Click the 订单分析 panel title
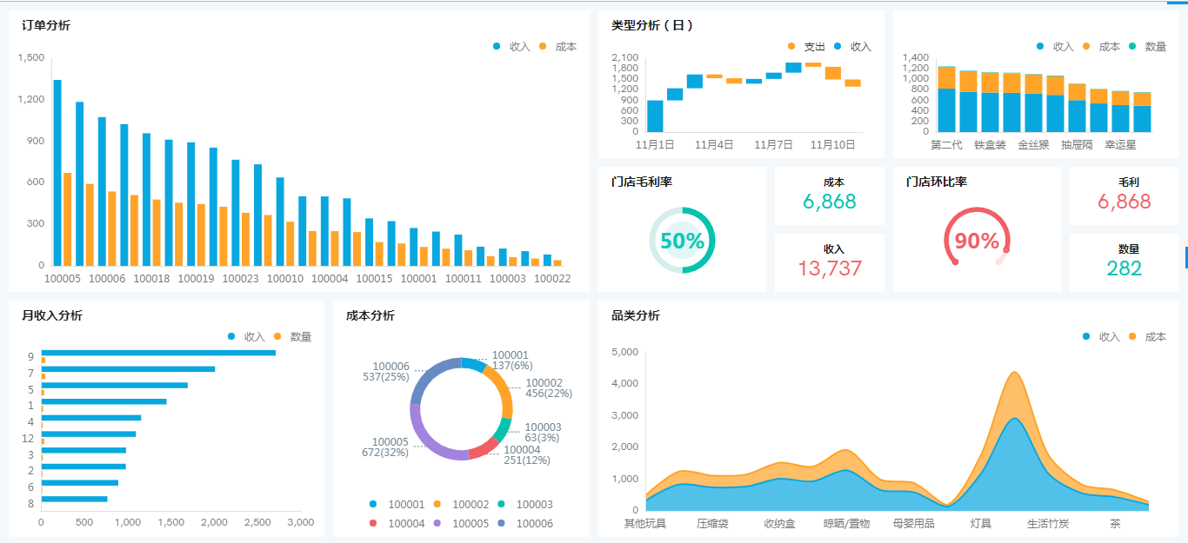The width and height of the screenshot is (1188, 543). [46, 25]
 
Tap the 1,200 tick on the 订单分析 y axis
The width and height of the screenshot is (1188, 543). [30, 99]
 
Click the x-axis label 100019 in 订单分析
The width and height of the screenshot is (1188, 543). [196, 279]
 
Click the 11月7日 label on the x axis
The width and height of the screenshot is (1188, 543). [773, 145]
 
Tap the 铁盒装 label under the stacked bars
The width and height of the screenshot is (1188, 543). [990, 145]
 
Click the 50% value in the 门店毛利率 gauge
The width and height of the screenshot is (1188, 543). [682, 241]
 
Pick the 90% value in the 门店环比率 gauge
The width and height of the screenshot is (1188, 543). [977, 241]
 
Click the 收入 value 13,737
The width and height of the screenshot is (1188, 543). [829, 268]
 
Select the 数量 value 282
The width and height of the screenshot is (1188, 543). [1124, 268]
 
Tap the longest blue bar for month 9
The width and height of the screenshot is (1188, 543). [158, 353]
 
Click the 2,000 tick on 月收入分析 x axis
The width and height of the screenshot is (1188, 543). [214, 522]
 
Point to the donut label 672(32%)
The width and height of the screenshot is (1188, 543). [385, 452]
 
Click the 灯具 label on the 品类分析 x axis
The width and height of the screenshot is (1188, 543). [980, 524]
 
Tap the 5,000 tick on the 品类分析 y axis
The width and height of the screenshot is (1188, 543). [625, 352]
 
